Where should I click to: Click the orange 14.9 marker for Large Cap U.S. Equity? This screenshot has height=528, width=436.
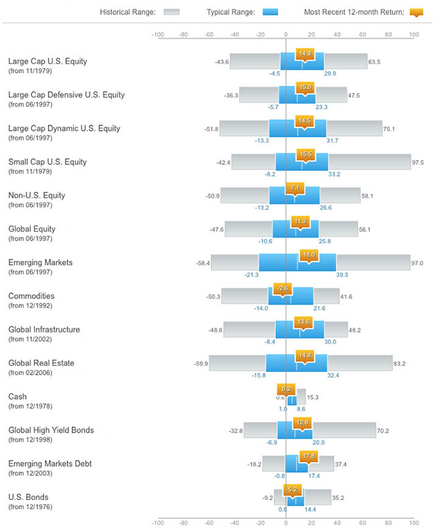305,54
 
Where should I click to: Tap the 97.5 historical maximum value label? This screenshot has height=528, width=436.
418,163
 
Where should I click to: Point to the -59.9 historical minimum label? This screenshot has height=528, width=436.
200,364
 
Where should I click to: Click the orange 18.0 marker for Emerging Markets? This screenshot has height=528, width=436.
309,255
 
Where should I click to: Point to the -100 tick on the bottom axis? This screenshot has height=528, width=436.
157,523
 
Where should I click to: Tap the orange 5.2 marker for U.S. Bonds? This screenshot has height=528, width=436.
292,488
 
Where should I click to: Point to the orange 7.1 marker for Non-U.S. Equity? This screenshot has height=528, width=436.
295,188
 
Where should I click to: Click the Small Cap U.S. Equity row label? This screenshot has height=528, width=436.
48,162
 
